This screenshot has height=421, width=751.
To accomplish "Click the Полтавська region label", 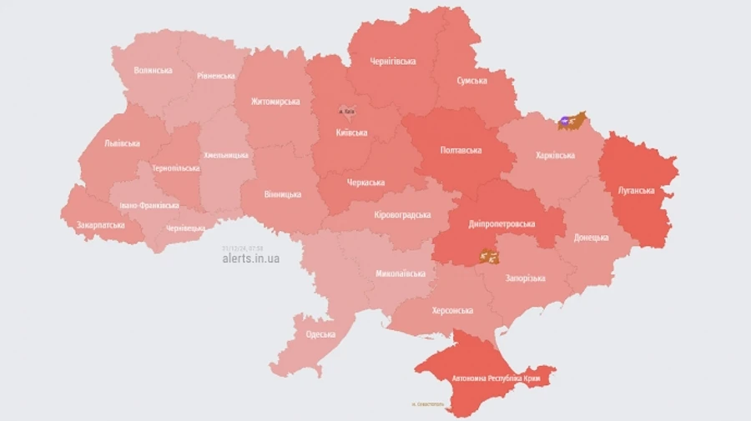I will tap(461, 150).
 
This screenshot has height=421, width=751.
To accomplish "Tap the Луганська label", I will tap(636, 190).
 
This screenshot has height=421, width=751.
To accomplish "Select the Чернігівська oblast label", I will tap(393, 61).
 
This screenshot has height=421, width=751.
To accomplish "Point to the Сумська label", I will tap(472, 81).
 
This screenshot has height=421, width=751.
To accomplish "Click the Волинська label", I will tap(153, 70).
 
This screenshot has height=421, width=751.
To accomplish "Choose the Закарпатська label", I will tap(100, 225).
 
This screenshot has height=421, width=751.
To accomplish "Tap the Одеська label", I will tap(320, 334).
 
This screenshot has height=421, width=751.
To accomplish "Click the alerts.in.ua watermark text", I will tap(251, 258).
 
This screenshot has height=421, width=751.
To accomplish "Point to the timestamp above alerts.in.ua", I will tap(243, 248).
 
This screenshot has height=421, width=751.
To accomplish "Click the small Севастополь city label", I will tap(428, 405).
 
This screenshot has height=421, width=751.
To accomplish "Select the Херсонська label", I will tap(452, 310).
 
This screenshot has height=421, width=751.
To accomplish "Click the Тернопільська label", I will tap(176, 168).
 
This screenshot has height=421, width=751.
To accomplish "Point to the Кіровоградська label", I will tap(402, 214).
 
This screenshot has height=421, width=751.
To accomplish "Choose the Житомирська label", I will tap(275, 102).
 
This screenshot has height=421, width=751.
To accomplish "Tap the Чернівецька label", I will tap(185, 228).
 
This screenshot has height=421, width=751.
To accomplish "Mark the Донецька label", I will tap(592, 238).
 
